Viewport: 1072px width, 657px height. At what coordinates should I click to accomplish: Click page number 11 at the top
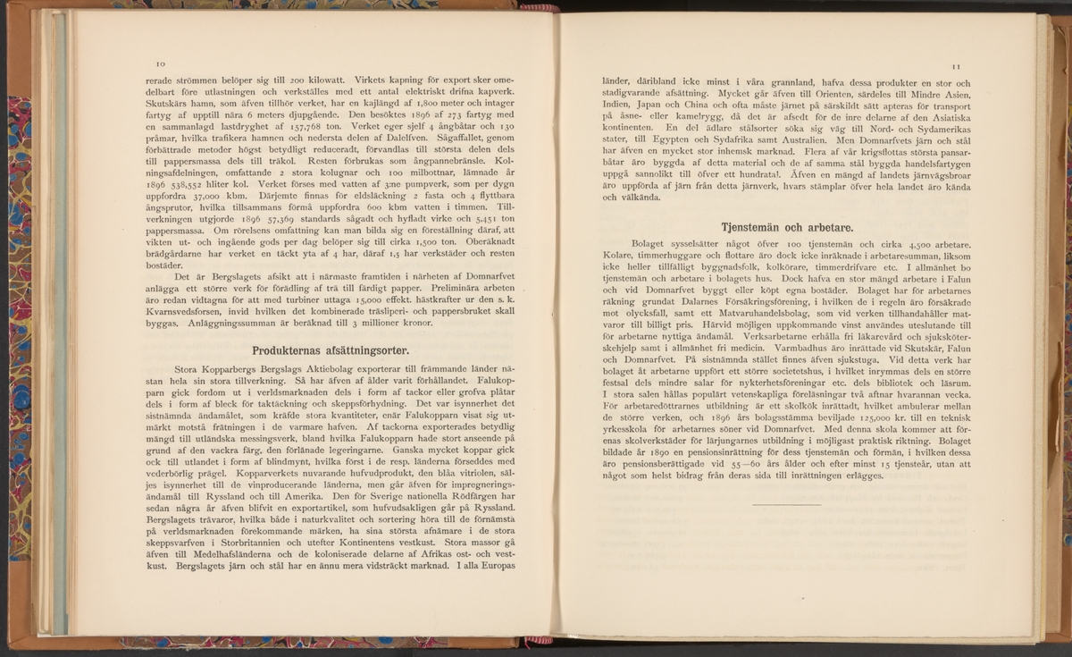955,66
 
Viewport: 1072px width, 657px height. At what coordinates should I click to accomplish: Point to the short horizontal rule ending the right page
786,506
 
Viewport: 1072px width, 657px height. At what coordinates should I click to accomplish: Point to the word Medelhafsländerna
226,553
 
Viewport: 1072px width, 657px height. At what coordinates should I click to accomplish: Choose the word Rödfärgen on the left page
471,494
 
